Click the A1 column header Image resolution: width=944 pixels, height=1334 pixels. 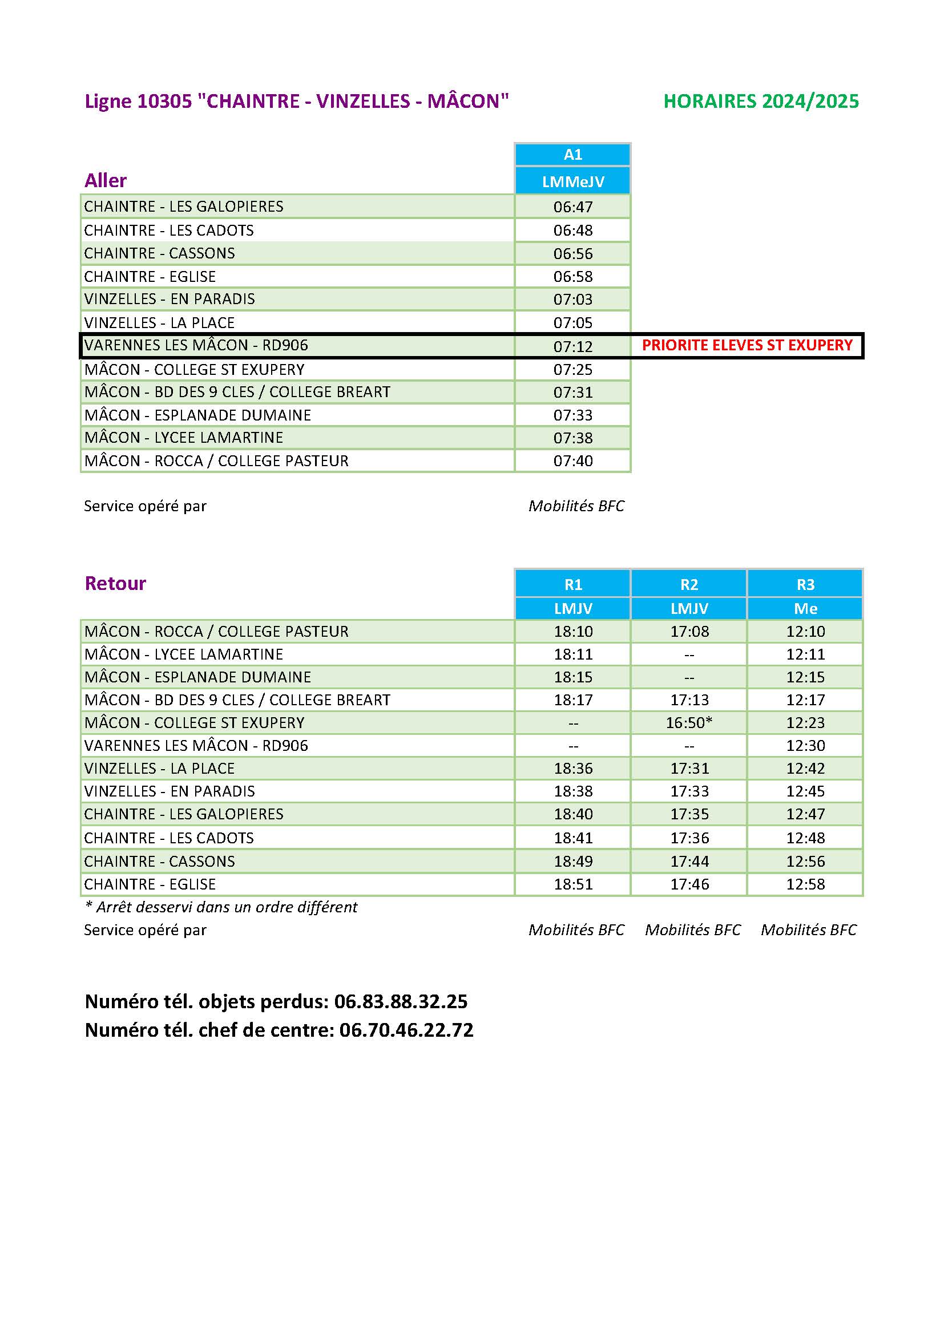tap(572, 155)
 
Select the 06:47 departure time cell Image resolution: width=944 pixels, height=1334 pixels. tap(572, 207)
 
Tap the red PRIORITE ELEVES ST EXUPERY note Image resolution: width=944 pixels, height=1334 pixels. tap(747, 345)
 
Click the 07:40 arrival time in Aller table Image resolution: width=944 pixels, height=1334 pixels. tap(572, 461)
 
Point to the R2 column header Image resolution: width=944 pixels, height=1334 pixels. tap(689, 584)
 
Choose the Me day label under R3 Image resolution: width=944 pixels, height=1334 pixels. tap(805, 608)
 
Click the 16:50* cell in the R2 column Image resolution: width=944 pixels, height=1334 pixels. tap(689, 722)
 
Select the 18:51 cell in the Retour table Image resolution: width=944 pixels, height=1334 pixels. tap(572, 884)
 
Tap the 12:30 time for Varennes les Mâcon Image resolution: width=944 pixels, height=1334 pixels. tap(805, 745)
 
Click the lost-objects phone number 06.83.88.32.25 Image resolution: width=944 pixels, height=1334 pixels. tap(401, 1001)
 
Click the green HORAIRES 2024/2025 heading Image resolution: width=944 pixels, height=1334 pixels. tap(761, 101)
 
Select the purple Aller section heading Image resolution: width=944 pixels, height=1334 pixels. tap(105, 180)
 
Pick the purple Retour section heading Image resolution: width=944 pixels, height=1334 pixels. tap(115, 583)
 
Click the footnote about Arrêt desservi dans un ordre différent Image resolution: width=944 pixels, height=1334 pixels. tap(221, 907)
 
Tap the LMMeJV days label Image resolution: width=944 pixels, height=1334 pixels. tap(572, 182)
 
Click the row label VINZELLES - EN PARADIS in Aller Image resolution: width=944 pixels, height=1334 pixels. tap(169, 299)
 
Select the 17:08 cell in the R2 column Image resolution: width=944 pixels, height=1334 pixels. tap(689, 631)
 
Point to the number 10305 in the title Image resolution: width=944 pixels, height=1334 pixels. tap(164, 101)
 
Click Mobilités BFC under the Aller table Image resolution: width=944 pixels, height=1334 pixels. tap(576, 506)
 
